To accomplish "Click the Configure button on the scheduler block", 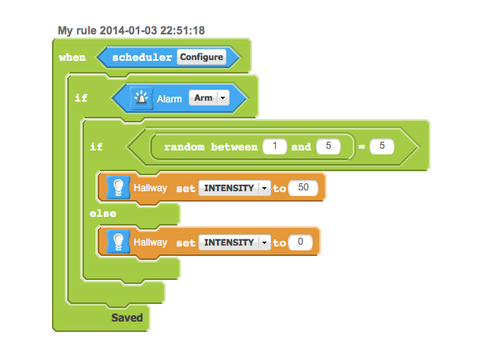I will (x=201, y=58).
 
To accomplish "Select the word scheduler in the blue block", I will (x=142, y=58).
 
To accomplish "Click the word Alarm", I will (x=170, y=98).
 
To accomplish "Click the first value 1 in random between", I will (x=274, y=147).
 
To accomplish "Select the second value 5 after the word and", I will (x=328, y=147).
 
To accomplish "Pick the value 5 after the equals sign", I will (x=382, y=147).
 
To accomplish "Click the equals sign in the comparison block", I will (x=361, y=147).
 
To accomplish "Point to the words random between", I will (x=210, y=147).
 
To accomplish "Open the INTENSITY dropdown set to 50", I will (x=234, y=188).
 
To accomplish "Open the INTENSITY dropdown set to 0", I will (x=234, y=242).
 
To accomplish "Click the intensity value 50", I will (x=302, y=188).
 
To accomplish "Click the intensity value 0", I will (x=300, y=242).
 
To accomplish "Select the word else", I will (x=102, y=214).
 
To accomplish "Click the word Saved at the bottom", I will (x=126, y=318).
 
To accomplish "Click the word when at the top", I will (x=73, y=58).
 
